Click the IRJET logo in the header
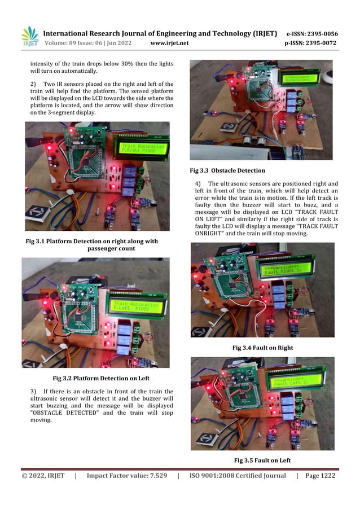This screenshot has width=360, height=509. click(29, 36)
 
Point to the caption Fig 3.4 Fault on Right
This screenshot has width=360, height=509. click(262, 348)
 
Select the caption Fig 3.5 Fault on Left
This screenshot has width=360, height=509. click(262, 460)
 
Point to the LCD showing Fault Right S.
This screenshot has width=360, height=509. click(284, 269)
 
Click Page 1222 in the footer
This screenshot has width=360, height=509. click(320, 476)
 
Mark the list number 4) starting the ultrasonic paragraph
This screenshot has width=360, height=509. click(197, 184)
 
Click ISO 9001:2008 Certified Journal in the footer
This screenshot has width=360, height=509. click(238, 476)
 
